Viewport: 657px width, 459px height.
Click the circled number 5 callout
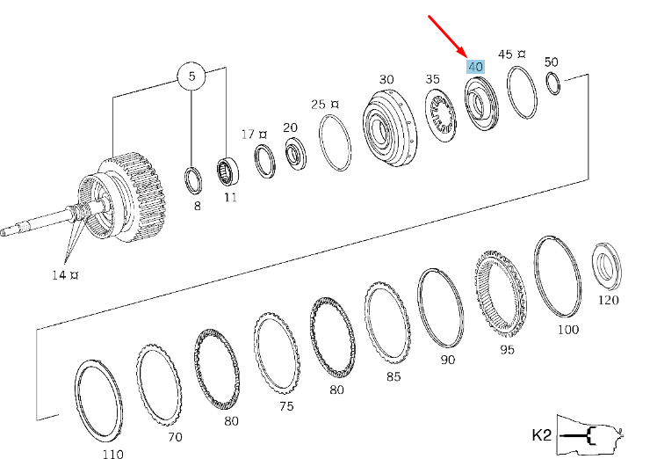click(191, 77)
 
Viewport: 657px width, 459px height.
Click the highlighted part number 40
click(475, 67)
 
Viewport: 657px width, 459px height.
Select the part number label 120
click(608, 300)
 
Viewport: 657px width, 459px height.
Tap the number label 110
click(112, 454)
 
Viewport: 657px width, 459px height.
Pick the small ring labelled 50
click(552, 84)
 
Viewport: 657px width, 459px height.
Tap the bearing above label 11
click(228, 169)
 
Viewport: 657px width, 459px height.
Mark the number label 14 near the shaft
click(57, 275)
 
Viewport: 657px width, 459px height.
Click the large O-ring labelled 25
click(335, 143)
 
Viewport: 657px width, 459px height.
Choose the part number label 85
click(393, 376)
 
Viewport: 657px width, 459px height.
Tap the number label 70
click(174, 436)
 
